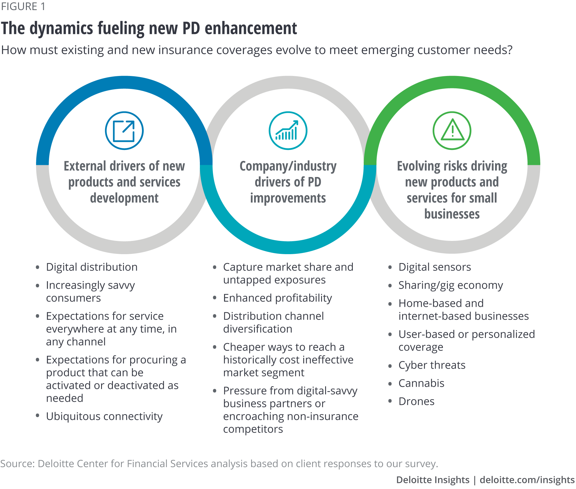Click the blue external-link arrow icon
pos(124,131)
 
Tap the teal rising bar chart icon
pos(288,131)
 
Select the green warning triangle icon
pos(452,131)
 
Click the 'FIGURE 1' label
pos(23,6)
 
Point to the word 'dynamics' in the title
pos(61,28)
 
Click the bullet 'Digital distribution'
pos(92,267)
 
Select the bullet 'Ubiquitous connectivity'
pos(104,416)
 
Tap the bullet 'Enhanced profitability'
pos(277,298)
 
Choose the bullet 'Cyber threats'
pos(432,365)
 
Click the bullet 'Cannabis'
pos(421,383)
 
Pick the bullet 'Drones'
pos(416,402)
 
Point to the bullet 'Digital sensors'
pos(435,267)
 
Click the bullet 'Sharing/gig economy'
pos(451,285)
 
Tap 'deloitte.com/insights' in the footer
pos(527,480)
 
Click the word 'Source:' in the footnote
pos(17,464)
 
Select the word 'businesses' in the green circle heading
pos(452,214)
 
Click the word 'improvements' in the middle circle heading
pos(288,198)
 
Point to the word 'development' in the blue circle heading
pos(124,198)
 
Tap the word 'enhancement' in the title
pos(251,28)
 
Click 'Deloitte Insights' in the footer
pos(433,480)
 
